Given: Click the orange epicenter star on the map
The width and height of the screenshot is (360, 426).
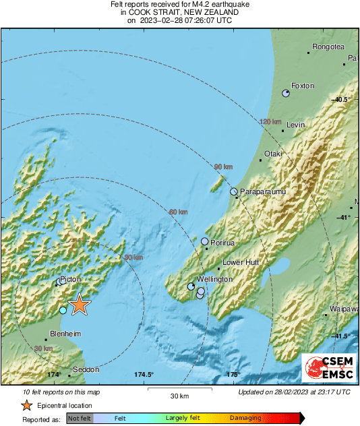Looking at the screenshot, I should [x=80, y=305].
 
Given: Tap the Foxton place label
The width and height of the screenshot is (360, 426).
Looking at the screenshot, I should [x=303, y=86].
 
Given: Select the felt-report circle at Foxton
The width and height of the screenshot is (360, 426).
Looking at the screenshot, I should [x=286, y=94].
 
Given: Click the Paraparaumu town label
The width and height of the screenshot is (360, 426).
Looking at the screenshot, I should [x=264, y=192].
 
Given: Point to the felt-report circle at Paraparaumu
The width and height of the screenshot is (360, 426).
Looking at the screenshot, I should [x=234, y=192].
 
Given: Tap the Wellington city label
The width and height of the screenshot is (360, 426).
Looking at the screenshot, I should [x=215, y=279].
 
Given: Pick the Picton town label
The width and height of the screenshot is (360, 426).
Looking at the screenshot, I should [x=70, y=278].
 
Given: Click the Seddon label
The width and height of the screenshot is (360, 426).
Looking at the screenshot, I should [x=86, y=369].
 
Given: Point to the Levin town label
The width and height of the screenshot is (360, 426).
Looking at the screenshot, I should [x=296, y=125].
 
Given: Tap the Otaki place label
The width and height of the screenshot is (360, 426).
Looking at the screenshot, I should [x=272, y=154].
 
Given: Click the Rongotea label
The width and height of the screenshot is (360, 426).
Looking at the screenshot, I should [x=328, y=47].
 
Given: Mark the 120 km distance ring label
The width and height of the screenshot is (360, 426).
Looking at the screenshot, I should [x=270, y=122].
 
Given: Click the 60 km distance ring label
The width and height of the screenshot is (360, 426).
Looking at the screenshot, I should [x=178, y=212].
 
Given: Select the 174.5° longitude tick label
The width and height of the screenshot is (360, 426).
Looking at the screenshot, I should [x=144, y=375].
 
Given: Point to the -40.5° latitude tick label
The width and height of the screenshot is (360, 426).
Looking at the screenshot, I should [x=342, y=100].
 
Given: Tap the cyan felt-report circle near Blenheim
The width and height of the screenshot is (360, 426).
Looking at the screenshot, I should [x=63, y=310].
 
